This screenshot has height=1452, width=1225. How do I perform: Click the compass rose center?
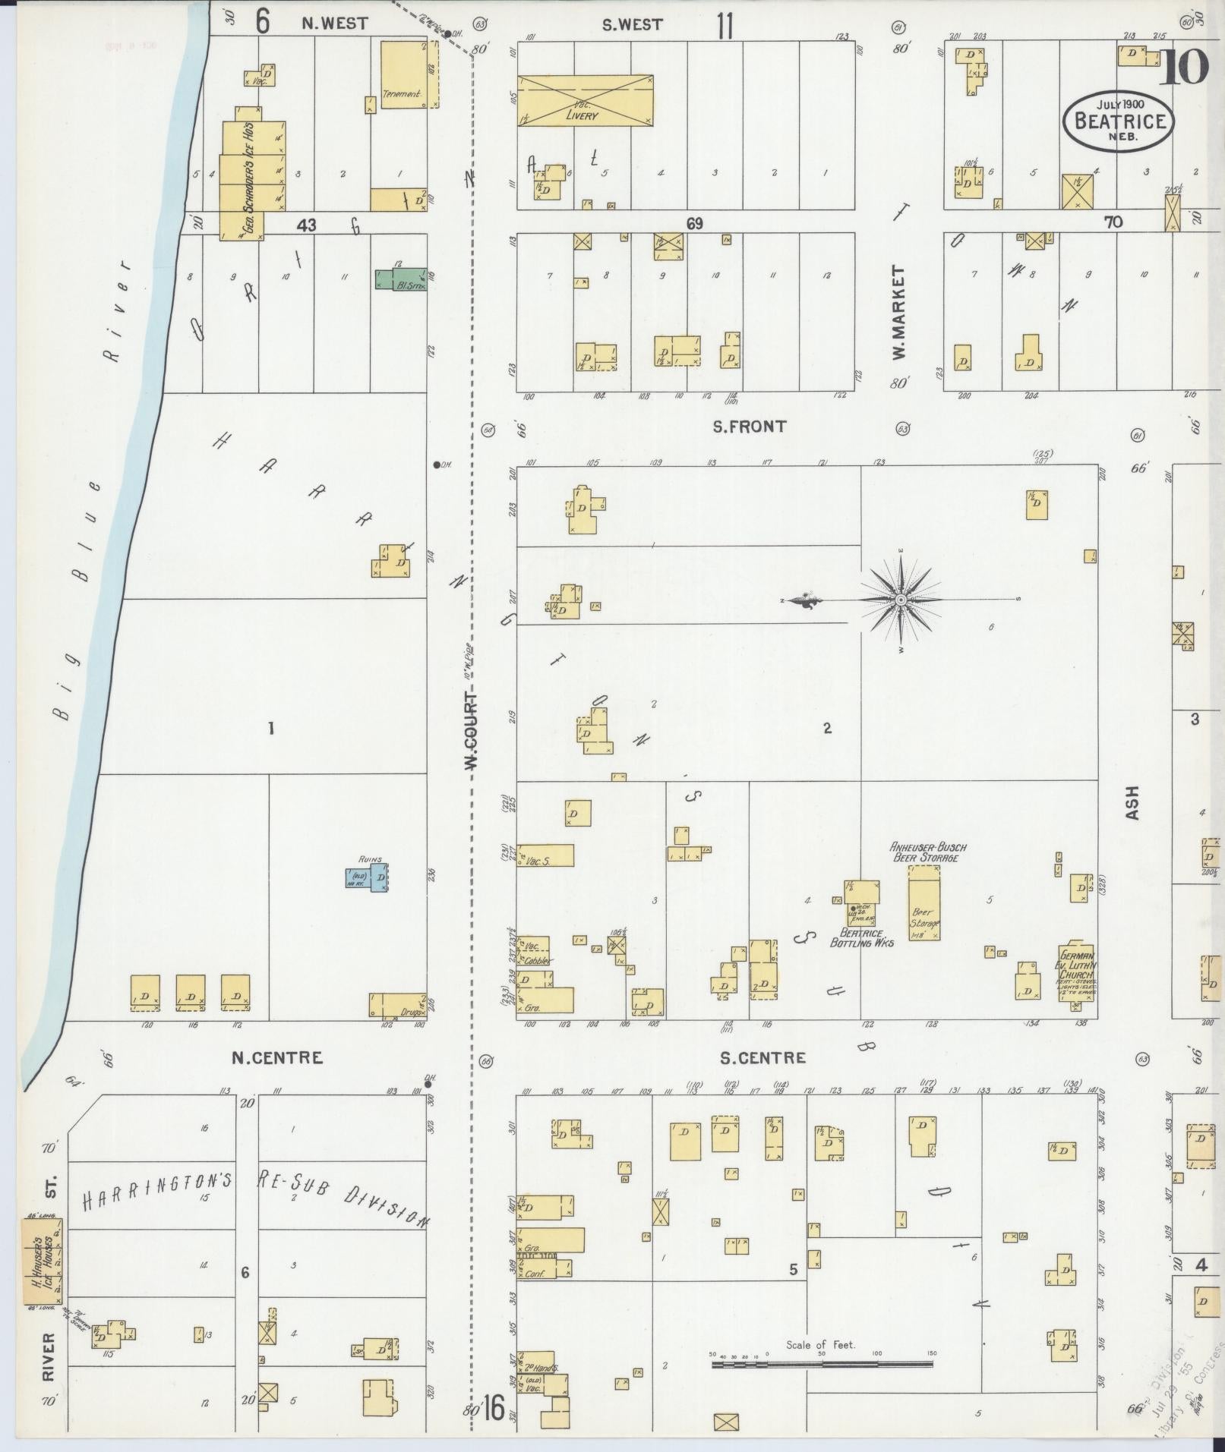[x=900, y=600]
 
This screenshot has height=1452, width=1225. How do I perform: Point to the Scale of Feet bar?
[x=822, y=1364]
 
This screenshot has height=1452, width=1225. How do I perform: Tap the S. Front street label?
[x=749, y=427]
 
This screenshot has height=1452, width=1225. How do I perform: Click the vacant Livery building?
[x=585, y=100]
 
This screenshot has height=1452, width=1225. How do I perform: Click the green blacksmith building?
[x=400, y=279]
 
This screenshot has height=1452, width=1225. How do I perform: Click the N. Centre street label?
[x=277, y=1057]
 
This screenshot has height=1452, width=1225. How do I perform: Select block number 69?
[x=693, y=223]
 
